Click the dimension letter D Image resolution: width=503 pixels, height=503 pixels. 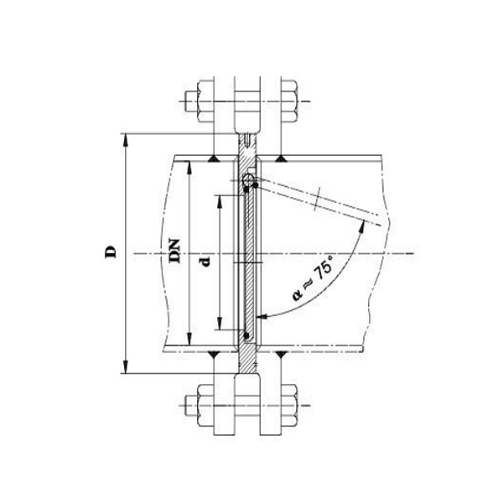[x=110, y=251]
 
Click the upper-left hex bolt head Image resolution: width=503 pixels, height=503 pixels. [x=206, y=100]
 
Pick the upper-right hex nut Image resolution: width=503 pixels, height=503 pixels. [x=290, y=100]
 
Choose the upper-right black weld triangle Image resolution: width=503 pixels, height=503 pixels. [x=283, y=158]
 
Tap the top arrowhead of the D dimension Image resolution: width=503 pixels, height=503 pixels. [x=126, y=137]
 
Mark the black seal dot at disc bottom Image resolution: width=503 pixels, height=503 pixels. [x=246, y=337]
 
